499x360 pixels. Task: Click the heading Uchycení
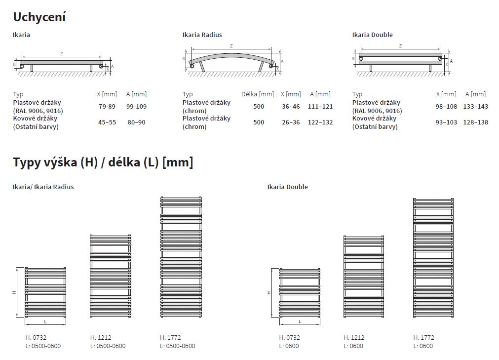[x=39, y=17]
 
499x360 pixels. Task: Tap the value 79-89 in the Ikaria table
[x=107, y=106]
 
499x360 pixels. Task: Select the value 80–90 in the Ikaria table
[x=137, y=122]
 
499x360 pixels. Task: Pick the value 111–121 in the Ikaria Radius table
[x=320, y=106]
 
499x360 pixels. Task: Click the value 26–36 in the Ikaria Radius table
[x=291, y=122]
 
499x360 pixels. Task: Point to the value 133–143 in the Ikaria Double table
[x=475, y=106]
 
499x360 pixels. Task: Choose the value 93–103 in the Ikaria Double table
[x=446, y=122]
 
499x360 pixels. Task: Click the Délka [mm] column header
[x=258, y=94]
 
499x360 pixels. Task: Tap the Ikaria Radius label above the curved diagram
[x=202, y=35]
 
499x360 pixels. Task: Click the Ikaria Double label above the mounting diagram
[x=372, y=35]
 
